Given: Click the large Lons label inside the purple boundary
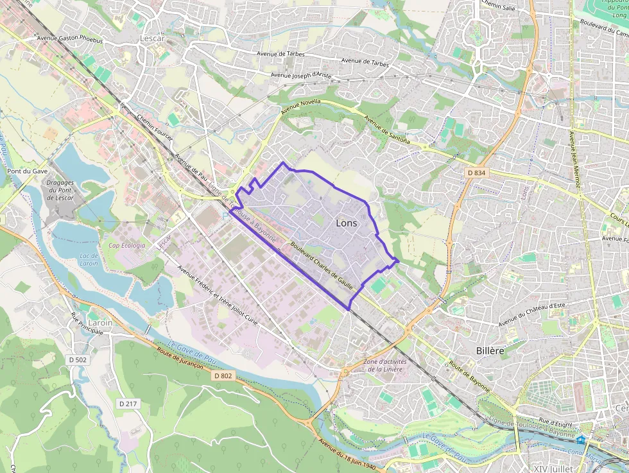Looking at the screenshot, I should [347, 223].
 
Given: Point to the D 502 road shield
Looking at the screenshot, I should [77, 360].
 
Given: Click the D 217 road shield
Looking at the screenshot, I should [127, 404].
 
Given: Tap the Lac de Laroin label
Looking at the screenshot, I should [89, 259].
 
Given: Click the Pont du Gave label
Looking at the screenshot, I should [28, 171].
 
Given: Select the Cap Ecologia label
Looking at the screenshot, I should [126, 245].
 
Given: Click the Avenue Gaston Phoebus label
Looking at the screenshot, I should [69, 39].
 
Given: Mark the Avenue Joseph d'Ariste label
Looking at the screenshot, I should [301, 75].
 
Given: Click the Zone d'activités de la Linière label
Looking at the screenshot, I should [385, 365].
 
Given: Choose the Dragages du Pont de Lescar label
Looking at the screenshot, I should [60, 190].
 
